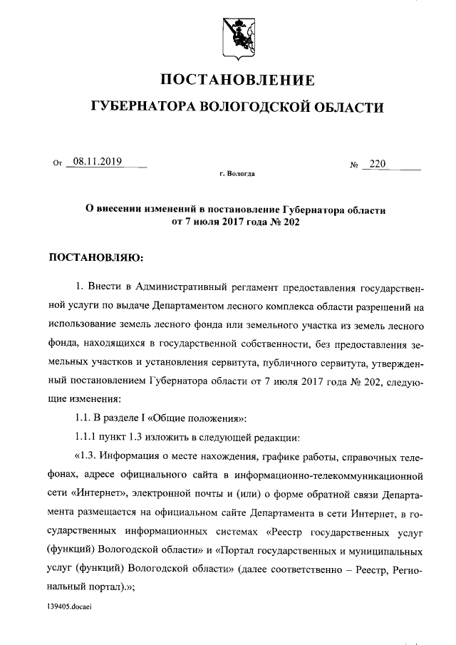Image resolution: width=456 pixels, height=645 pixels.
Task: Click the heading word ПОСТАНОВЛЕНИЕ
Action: (x=236, y=79)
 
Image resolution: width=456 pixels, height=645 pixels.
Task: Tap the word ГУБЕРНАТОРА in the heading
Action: (x=142, y=107)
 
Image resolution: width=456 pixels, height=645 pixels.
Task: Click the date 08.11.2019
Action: (x=98, y=162)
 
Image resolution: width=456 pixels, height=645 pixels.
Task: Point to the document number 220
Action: (x=377, y=165)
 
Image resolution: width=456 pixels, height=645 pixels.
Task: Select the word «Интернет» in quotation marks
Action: (x=96, y=492)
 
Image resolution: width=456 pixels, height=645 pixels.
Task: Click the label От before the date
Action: (x=58, y=163)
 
